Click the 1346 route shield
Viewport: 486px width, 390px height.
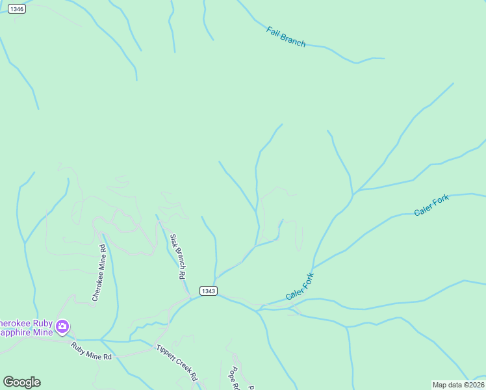click(18, 9)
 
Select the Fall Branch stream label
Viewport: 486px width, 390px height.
click(286, 36)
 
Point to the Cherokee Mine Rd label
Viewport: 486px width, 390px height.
click(99, 273)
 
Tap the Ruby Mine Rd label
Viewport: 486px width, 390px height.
click(92, 352)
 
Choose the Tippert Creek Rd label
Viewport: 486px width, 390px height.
click(176, 363)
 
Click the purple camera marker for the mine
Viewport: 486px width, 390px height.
click(62, 326)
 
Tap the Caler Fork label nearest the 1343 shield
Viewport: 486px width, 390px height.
click(300, 287)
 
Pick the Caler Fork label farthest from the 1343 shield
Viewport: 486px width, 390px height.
click(431, 205)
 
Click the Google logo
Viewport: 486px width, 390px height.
click(21, 382)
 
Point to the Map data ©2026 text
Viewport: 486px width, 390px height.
click(459, 385)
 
